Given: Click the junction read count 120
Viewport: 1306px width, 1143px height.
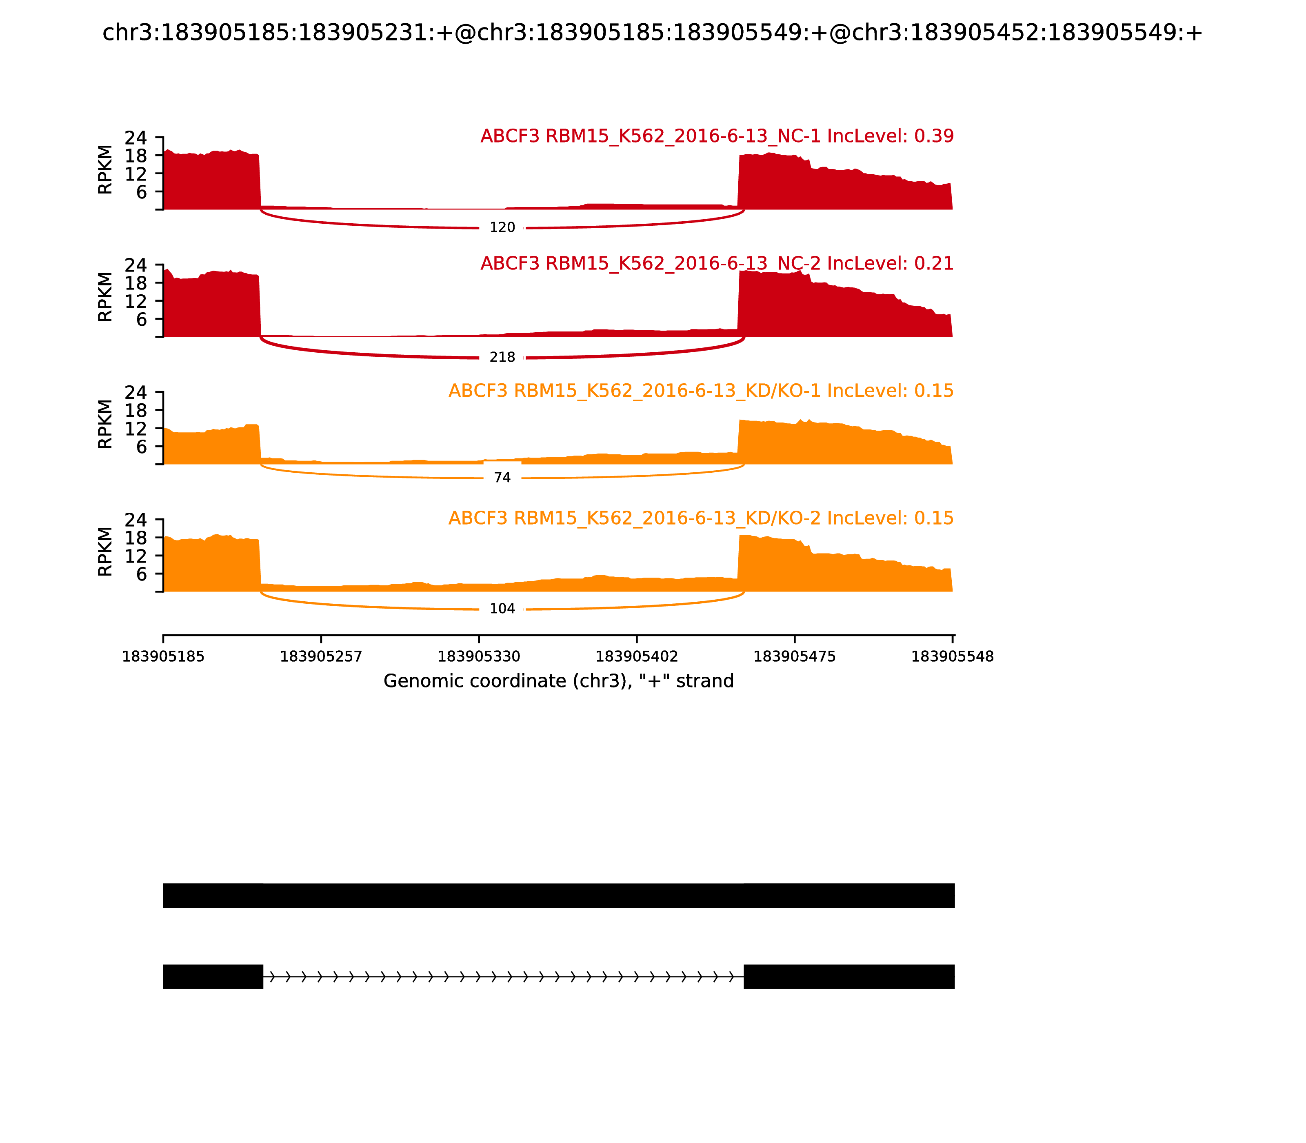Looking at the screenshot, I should pos(502,228).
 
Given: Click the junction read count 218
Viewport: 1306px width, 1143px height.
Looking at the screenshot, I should pos(502,358).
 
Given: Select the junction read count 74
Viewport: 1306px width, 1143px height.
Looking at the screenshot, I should pos(502,478).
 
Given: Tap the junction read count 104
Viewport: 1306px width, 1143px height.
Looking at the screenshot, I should pos(502,609).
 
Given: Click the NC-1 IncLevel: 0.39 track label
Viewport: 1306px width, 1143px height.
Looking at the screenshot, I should pos(717,136).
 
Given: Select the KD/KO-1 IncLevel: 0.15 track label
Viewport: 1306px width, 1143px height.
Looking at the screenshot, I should pos(701,391).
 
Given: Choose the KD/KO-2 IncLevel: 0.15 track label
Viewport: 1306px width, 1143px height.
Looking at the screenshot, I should pos(701,518).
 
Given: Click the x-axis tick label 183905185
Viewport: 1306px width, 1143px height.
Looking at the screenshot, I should pos(163,657).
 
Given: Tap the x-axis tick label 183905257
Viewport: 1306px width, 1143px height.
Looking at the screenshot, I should pos(321,657).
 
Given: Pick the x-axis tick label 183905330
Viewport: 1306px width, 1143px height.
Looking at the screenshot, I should pos(479,657).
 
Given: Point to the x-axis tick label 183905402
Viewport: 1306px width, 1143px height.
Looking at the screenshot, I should pos(636,657).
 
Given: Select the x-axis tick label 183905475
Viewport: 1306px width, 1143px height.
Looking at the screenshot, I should pos(795,657).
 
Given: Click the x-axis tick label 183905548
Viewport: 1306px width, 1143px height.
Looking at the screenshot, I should pos(952,657).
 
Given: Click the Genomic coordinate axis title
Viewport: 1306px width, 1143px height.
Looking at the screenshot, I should pos(559,681).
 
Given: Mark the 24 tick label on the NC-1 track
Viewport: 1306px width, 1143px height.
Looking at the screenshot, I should pos(135,138).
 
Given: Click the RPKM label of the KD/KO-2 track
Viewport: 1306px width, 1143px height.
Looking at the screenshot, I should pos(105,551).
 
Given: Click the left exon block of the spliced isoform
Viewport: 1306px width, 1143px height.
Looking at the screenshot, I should pos(213,976).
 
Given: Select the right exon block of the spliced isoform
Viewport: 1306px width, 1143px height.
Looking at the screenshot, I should pos(849,976).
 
